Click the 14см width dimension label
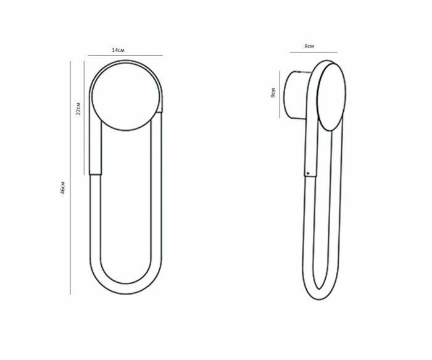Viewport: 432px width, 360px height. click(x=118, y=50)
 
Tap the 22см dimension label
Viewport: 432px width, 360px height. click(x=78, y=108)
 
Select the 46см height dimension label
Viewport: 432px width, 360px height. click(x=63, y=188)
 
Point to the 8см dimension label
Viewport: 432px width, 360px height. click(x=309, y=46)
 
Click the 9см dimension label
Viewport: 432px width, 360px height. click(x=273, y=93)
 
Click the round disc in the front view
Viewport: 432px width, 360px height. click(x=126, y=96)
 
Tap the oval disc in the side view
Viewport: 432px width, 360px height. click(x=331, y=98)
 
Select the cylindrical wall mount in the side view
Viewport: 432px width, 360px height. click(x=296, y=95)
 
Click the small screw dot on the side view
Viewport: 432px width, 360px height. click(x=308, y=174)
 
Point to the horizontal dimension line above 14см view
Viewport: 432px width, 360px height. click(x=125, y=56)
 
